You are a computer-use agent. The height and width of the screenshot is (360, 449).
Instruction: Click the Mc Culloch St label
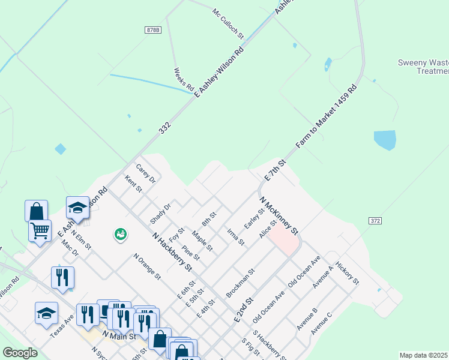pos(228,24)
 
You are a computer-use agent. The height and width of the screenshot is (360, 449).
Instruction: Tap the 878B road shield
pos(152,29)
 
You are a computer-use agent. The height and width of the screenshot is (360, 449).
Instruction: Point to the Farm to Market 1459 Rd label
pos(327,117)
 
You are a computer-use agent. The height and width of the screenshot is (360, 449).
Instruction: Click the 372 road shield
pos(375,221)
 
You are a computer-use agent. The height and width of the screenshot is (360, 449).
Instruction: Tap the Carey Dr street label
pos(146,174)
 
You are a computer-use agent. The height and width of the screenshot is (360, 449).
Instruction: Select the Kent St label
pos(133,184)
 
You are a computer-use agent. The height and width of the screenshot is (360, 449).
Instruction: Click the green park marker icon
pos(121,234)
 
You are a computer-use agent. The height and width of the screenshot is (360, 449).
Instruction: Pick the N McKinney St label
pos(279,215)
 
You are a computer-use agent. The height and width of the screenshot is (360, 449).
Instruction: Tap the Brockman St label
pos(240,283)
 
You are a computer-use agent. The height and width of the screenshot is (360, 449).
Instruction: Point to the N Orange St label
pos(148,267)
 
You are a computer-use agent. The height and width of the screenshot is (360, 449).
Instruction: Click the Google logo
pos(20,353)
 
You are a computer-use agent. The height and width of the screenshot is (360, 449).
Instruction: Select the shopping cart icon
pos(40,230)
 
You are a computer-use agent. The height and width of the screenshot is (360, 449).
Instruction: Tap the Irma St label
pos(236,237)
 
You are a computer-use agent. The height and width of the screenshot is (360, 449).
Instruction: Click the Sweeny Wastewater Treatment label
pos(423,67)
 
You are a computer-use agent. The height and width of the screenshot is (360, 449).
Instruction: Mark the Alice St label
pos(267,229)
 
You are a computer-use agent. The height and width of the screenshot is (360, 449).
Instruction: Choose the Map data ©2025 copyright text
pos(423,355)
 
